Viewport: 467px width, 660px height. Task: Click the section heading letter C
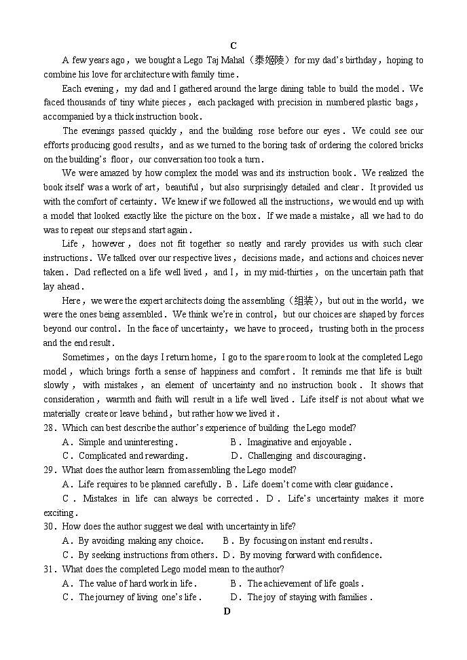[233, 46]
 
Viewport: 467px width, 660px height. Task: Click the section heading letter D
[227, 611]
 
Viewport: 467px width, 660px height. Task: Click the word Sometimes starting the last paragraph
[83, 357]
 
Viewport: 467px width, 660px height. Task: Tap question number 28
[50, 428]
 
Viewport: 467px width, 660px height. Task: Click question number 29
[50, 470]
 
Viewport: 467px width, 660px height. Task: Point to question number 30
[50, 526]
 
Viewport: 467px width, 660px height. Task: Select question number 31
[50, 569]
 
